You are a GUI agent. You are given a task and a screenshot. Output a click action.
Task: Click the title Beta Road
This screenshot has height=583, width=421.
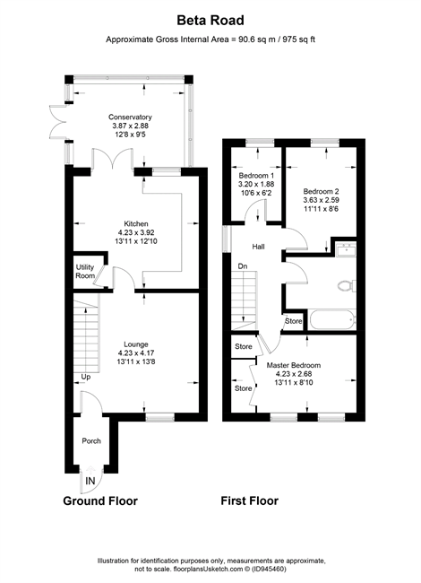pos(210,20)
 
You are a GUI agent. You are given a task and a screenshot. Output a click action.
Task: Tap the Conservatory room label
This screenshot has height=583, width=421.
pos(130,117)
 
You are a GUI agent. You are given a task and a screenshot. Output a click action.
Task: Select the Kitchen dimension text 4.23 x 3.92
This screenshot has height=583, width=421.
pos(136,233)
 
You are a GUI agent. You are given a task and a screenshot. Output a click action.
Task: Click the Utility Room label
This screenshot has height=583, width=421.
pos(85,272)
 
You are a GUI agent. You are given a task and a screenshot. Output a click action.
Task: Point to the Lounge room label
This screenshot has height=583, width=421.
pos(136,344)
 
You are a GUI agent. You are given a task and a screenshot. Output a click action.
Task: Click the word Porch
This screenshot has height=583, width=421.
pos(91,441)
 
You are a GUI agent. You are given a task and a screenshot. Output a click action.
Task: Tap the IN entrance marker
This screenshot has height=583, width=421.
pos(90,481)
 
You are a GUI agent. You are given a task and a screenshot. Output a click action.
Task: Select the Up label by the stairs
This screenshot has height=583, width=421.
pos(86,377)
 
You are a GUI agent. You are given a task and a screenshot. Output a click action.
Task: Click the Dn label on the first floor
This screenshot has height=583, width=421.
pos(243,266)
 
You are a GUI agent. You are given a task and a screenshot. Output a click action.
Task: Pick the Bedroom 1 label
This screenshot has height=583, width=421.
pos(256,176)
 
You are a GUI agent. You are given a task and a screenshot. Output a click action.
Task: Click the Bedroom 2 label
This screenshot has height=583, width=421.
pos(322,192)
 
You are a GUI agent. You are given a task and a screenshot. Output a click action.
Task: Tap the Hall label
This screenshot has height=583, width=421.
pos(258,247)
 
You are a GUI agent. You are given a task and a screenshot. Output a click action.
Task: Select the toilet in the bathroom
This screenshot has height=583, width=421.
pos(348,286)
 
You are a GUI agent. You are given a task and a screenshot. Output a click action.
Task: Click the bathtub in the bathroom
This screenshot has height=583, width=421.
pos(332,320)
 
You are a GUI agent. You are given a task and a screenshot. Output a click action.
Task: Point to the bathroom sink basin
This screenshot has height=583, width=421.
pos(346,249)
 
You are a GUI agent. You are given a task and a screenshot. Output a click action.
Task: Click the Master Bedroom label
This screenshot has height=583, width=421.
pos(294,365)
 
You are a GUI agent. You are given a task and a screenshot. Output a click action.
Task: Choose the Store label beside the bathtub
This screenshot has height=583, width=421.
pos(294,321)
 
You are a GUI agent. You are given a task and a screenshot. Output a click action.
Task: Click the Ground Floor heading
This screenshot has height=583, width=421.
pos(100,500)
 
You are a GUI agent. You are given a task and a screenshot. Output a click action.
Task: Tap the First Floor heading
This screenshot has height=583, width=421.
pos(250,500)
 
